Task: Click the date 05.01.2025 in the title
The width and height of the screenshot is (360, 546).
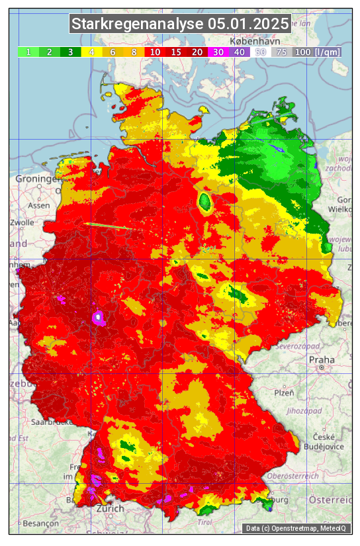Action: (248, 24)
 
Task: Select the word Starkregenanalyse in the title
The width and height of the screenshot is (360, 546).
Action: (138, 24)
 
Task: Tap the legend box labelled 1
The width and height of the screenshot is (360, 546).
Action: (28, 52)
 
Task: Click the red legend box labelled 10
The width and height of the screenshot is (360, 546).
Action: (154, 52)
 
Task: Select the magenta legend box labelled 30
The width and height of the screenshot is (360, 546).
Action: (218, 52)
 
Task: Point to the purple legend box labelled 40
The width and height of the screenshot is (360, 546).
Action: (239, 52)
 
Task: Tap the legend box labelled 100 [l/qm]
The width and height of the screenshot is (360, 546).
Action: (317, 52)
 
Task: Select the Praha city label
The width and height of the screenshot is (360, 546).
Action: (322, 360)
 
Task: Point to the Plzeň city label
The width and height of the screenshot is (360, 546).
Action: (285, 392)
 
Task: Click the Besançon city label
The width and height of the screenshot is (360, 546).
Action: (36, 522)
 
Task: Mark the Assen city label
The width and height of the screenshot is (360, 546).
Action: (39, 205)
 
